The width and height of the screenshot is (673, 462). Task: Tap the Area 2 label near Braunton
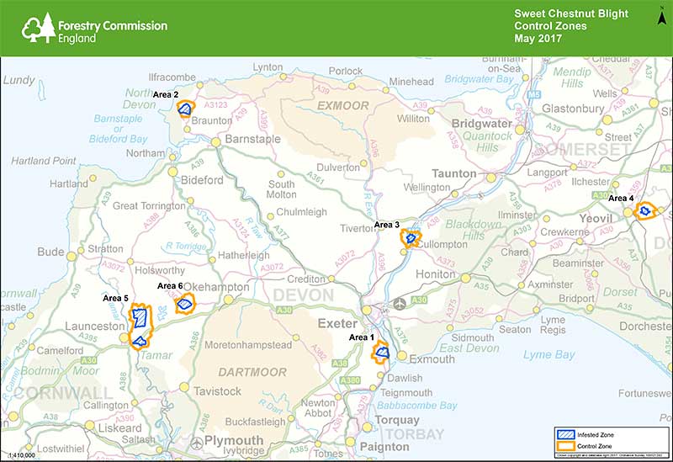tap(165, 95)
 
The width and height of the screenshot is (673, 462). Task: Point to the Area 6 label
tap(170, 287)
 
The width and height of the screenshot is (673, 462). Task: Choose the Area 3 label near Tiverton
tap(388, 225)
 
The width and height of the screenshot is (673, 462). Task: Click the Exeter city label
tap(333, 322)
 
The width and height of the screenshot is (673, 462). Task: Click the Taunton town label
tap(453, 173)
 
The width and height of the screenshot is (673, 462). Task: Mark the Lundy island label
tap(19, 80)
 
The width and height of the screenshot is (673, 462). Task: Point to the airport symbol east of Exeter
tap(399, 301)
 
